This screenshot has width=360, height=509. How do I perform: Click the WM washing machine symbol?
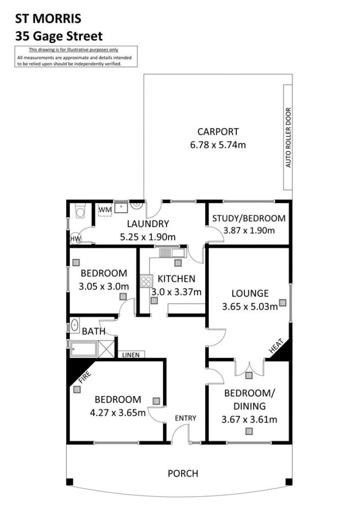click(105, 210)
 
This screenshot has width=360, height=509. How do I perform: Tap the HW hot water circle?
click(76, 239)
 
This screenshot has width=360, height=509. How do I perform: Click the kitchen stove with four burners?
click(146, 281)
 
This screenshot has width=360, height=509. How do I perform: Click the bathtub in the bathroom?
click(83, 349)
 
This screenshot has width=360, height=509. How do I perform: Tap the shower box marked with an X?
click(106, 349)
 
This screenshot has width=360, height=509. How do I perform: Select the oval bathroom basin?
click(75, 325)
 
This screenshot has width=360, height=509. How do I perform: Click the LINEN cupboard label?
click(131, 355)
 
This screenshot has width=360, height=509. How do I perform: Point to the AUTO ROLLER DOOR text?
click(288, 137)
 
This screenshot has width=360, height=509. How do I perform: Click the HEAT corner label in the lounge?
click(276, 346)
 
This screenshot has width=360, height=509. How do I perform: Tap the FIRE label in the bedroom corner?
click(85, 377)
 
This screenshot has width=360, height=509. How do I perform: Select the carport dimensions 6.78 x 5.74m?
click(218, 145)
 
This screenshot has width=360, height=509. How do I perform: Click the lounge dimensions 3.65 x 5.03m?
click(250, 306)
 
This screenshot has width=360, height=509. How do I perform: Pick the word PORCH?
click(183, 473)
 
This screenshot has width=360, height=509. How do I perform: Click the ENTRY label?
click(185, 418)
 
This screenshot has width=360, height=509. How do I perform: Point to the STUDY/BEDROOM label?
click(249, 218)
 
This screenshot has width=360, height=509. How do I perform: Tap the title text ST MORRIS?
click(48, 19)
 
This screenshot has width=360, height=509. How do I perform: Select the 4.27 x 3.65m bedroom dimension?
click(117, 413)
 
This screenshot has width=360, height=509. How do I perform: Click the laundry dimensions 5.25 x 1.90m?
click(148, 237)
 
